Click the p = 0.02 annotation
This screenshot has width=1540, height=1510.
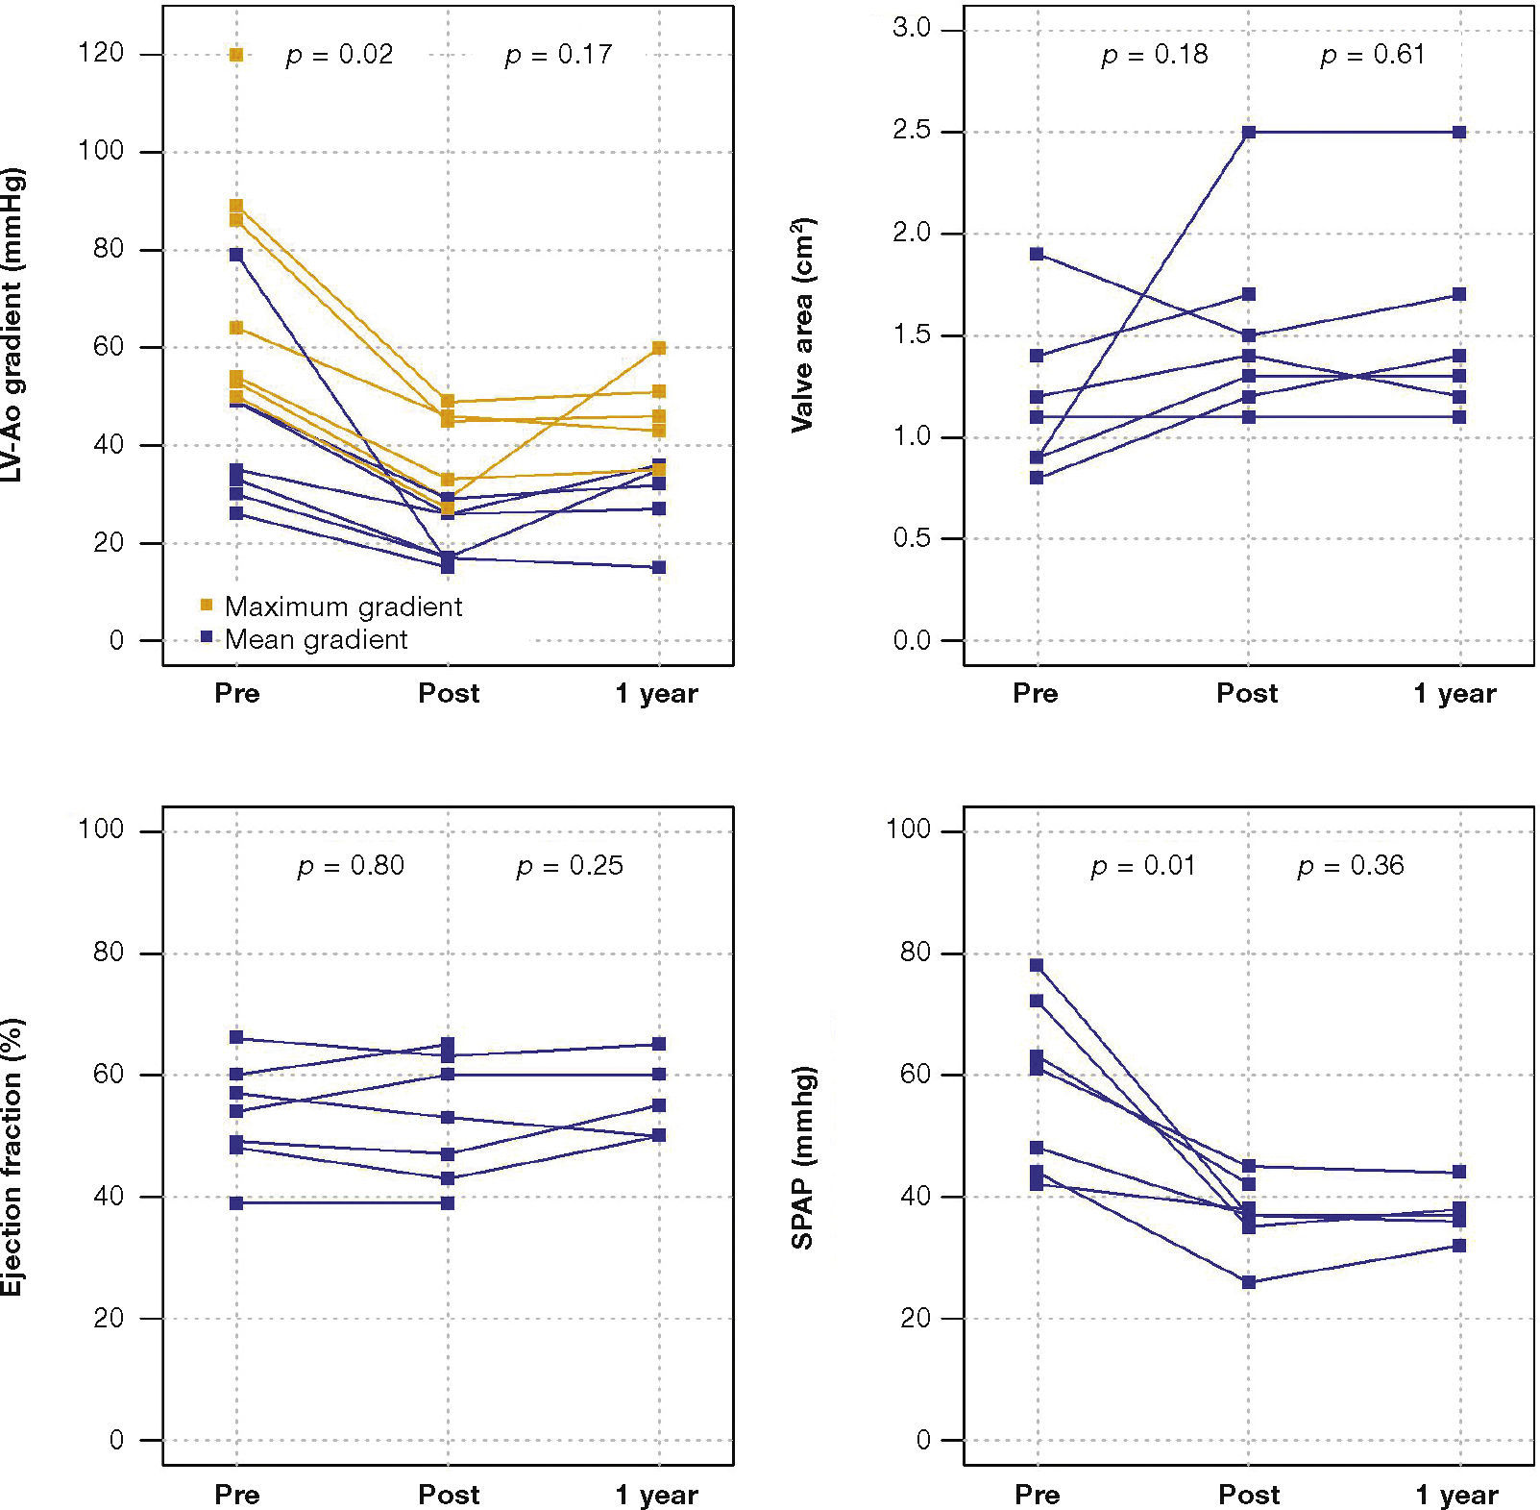pyautogui.click(x=339, y=55)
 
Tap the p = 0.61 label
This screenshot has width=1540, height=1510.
pyautogui.click(x=1372, y=55)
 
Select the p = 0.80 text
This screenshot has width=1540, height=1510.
pyautogui.click(x=351, y=866)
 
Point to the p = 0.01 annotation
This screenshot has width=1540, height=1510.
pyautogui.click(x=1142, y=866)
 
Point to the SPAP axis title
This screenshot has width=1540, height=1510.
pyautogui.click(x=802, y=1157)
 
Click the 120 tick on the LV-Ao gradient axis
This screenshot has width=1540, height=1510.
pyautogui.click(x=101, y=53)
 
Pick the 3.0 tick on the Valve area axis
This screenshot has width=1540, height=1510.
pyautogui.click(x=911, y=28)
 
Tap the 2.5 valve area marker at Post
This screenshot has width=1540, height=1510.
pyautogui.click(x=1248, y=132)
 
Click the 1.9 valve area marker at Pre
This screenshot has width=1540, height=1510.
pyautogui.click(x=1037, y=254)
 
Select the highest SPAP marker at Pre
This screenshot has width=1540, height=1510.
pyautogui.click(x=1037, y=965)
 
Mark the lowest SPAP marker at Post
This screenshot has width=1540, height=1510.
pyautogui.click(x=1248, y=1282)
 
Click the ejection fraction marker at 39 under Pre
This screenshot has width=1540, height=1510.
pyautogui.click(x=236, y=1202)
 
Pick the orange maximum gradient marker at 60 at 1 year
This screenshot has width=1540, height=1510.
pyautogui.click(x=659, y=348)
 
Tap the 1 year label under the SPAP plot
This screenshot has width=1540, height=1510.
pyautogui.click(x=1456, y=1495)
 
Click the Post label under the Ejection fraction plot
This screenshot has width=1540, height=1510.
pyautogui.click(x=448, y=1495)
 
